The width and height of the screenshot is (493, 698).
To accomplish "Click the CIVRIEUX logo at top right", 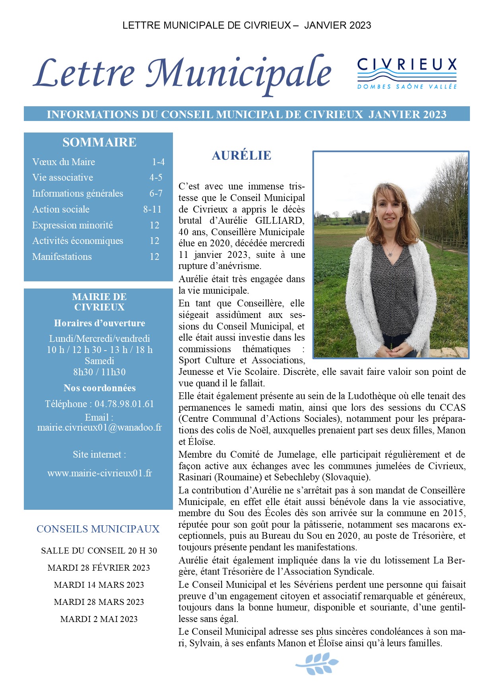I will pos(407,73).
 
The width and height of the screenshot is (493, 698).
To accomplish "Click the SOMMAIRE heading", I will pos(99,142).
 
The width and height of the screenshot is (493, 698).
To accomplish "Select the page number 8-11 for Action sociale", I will pos(152,209).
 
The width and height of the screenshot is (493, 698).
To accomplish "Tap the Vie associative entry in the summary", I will pos(63,177).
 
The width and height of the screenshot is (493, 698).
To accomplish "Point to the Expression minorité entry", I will pos(73,225).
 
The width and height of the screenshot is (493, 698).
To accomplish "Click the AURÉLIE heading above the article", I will pos(241,155).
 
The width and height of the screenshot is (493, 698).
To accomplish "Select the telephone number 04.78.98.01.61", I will pos(124,404).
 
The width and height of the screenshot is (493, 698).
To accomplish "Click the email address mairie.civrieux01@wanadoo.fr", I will pos(99,427).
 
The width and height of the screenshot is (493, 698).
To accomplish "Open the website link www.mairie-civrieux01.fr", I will pos(99,473).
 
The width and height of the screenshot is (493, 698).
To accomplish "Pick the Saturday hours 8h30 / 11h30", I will pos(99,372).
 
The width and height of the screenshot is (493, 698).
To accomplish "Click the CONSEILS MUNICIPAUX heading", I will pos(98,529).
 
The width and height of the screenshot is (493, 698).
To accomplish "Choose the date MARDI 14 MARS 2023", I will pos(99,585).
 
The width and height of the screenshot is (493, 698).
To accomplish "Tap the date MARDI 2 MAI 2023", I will pos(99,619).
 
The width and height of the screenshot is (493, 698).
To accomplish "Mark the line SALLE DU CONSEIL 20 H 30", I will pos(99,551).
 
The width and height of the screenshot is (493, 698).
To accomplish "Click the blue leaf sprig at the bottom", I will pos(317,664).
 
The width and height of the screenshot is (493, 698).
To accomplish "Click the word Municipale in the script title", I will pos(239,74).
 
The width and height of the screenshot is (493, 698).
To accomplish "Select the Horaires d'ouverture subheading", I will pos(99,323).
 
